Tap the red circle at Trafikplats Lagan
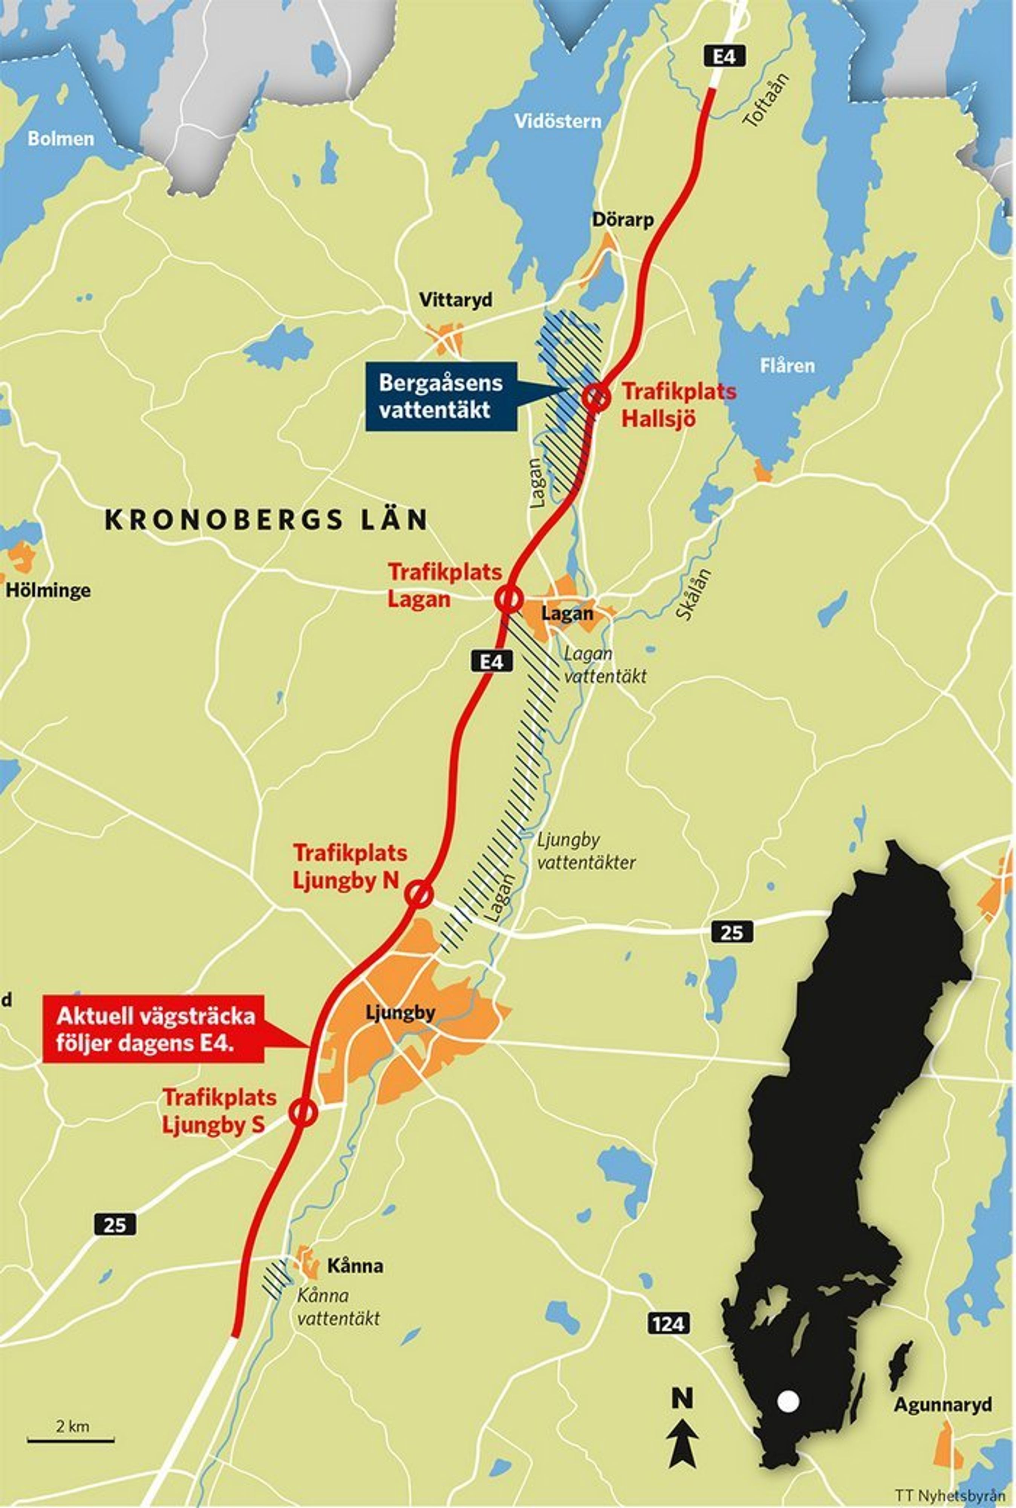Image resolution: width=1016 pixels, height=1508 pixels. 509,599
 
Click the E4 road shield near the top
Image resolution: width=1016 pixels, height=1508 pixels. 724,57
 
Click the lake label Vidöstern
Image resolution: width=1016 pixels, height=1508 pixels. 557,121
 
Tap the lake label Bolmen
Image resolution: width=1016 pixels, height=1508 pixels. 60,139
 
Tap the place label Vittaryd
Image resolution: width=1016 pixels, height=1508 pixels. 456,300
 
